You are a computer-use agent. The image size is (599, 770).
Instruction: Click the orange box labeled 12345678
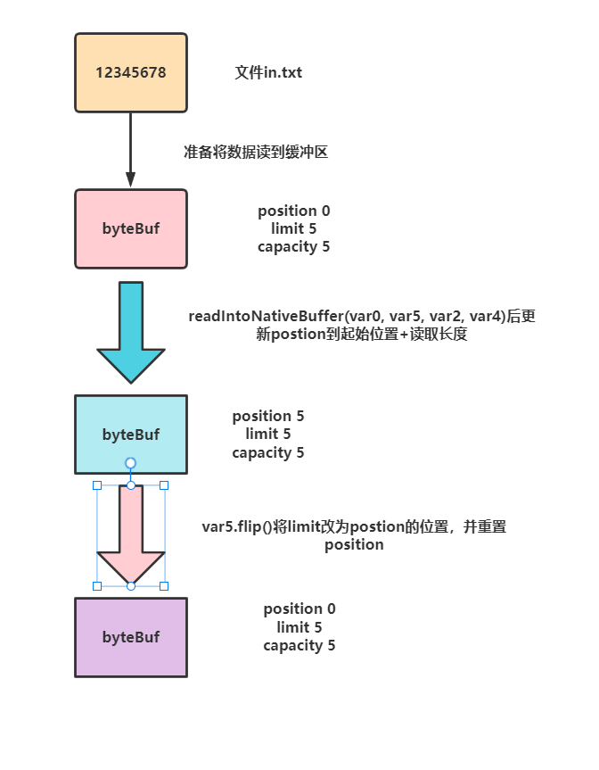point(131,73)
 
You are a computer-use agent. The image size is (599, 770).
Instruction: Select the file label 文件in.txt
point(267,72)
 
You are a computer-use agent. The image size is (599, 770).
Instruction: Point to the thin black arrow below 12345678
point(130,150)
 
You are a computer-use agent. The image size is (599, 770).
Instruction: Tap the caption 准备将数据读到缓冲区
point(255,152)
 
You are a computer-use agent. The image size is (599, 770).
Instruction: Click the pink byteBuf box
point(131,228)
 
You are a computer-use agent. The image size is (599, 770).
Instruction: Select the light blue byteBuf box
point(131,435)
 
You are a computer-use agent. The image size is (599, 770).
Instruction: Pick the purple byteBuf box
point(131,637)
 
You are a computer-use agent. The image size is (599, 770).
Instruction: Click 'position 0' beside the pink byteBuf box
point(293,211)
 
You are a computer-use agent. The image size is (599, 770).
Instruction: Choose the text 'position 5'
point(268,417)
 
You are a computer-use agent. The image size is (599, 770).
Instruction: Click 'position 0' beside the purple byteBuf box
point(299,609)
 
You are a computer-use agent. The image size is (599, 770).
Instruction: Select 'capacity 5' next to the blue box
point(268,452)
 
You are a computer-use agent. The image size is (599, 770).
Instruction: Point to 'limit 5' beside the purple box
point(299,627)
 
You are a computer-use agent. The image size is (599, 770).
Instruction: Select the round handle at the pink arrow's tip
point(131,585)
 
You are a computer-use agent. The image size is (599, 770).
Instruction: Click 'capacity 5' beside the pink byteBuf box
point(293,247)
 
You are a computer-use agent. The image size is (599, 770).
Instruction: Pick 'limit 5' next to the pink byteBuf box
point(293,229)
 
